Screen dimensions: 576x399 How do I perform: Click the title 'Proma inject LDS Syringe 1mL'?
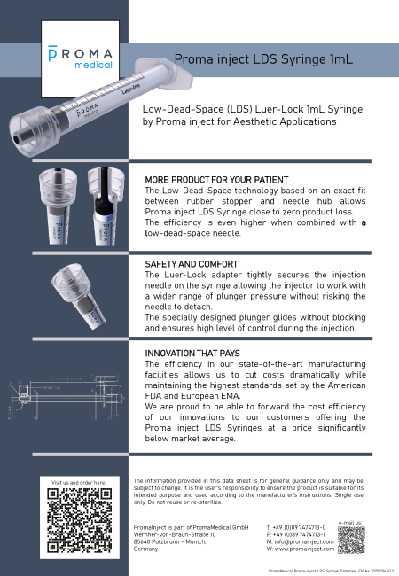(x=263, y=59)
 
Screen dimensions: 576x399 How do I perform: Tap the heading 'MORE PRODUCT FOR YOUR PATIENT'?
(x=216, y=180)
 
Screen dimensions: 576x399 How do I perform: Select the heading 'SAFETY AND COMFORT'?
(x=191, y=264)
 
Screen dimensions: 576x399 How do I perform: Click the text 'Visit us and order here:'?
(x=80, y=484)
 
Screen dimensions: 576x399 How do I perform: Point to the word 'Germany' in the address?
(x=145, y=549)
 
